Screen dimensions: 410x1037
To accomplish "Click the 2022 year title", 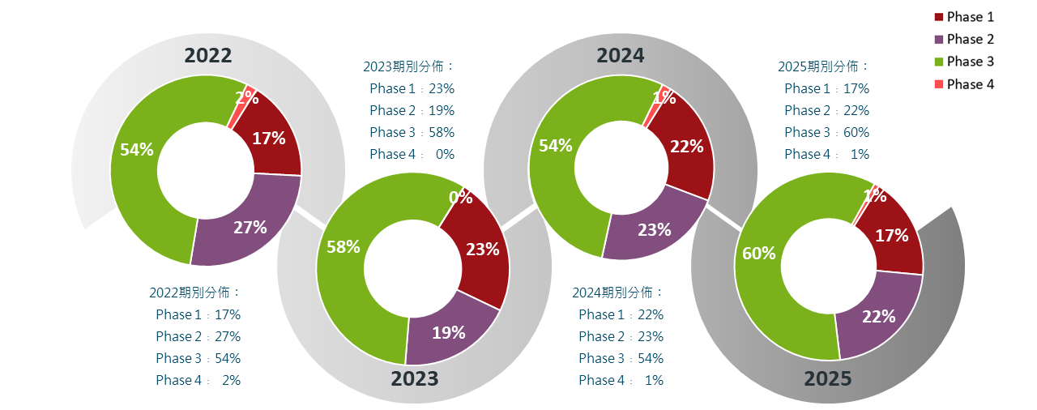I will click(x=208, y=55).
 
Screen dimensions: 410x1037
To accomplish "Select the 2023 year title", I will click(x=414, y=378).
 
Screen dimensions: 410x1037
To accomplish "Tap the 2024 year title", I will click(x=621, y=55).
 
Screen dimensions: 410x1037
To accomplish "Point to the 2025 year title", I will click(x=827, y=378).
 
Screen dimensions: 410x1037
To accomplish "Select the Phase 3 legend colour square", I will click(x=939, y=62).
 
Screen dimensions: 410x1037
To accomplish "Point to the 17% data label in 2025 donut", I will click(x=891, y=236).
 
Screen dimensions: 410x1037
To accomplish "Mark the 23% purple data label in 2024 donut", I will click(x=655, y=229).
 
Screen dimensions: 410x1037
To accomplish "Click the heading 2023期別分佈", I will click(x=409, y=66).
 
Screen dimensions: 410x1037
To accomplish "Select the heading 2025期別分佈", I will click(x=824, y=66).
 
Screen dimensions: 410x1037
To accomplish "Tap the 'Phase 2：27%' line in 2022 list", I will click(x=198, y=336).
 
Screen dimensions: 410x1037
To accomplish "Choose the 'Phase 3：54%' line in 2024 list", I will click(x=621, y=358).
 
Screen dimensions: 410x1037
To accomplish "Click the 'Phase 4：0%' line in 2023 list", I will click(x=412, y=154).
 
